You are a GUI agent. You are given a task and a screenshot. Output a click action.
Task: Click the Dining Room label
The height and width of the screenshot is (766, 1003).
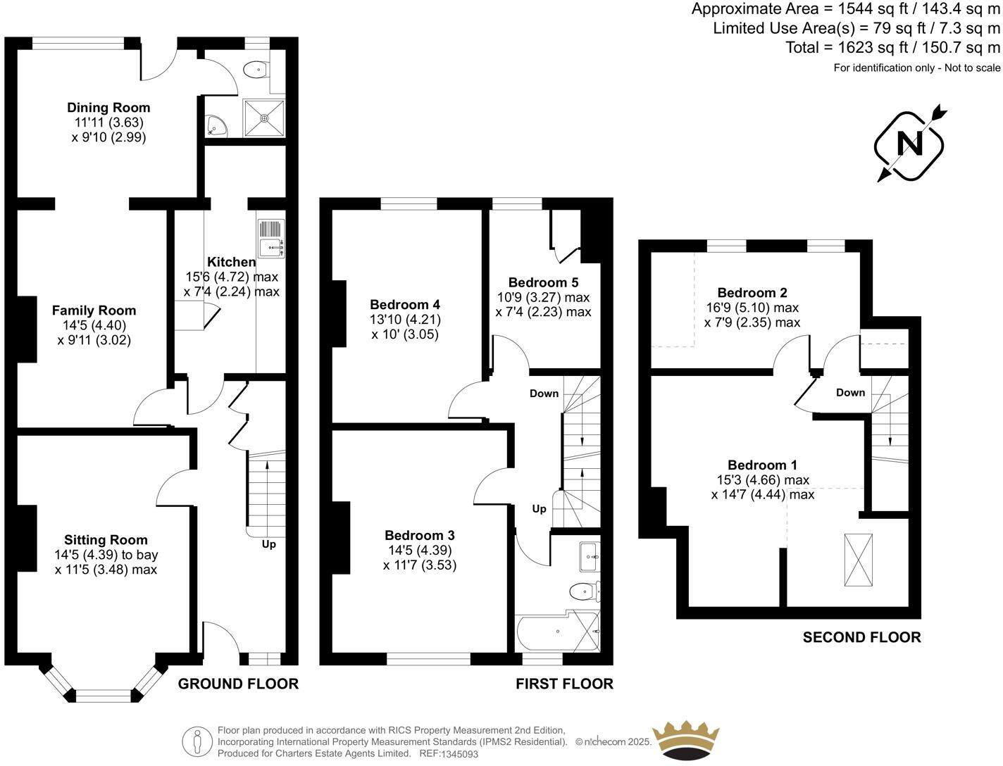(x=108, y=108)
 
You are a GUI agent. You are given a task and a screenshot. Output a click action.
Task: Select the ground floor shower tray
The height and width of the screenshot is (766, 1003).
(x=265, y=118)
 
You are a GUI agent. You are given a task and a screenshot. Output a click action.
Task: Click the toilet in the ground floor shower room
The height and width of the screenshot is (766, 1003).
(x=256, y=69)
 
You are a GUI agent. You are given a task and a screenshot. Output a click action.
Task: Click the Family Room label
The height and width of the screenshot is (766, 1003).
(x=94, y=310)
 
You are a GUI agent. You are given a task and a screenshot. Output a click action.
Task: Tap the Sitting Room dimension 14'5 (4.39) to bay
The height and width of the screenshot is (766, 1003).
(x=106, y=555)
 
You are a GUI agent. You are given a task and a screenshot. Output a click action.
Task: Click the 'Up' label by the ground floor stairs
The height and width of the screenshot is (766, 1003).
(x=268, y=544)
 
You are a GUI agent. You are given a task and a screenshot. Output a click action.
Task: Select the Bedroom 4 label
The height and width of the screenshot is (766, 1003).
(x=405, y=305)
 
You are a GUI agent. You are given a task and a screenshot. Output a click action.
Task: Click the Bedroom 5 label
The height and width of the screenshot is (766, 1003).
(x=543, y=282)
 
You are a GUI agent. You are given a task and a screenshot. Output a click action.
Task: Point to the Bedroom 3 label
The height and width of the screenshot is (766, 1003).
(x=420, y=535)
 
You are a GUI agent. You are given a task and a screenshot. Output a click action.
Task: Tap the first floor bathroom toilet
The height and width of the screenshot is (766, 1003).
(x=584, y=590)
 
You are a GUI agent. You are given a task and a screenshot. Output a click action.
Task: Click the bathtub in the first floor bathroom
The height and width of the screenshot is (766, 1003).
(x=556, y=632)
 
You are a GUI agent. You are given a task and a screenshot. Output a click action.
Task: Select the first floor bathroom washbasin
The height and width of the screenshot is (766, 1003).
(x=588, y=557)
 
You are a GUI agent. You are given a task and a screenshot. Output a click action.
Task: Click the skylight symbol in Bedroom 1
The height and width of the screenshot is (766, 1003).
(x=858, y=560)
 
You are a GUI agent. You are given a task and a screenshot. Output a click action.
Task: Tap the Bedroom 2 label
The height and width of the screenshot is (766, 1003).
(x=752, y=293)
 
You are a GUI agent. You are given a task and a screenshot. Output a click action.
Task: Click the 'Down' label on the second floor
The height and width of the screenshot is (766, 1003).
(x=850, y=393)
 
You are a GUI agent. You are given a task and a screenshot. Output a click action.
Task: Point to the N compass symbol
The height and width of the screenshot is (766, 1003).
(x=909, y=144)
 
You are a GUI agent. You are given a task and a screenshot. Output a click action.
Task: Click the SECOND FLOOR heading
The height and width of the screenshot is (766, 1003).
(x=861, y=637)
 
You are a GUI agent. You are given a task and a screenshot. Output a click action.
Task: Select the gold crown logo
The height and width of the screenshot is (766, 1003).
(x=686, y=741)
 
